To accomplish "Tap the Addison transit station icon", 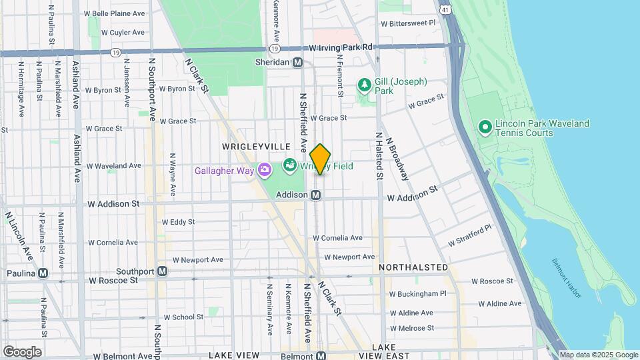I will click(x=317, y=195).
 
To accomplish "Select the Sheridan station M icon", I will click(x=298, y=62).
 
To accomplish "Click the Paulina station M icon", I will click(x=43, y=273).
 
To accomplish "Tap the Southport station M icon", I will click(x=162, y=271).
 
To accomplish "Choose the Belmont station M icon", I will click(x=321, y=356).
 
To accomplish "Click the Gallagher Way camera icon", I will click(x=265, y=170).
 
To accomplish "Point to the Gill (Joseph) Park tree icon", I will click(x=364, y=85).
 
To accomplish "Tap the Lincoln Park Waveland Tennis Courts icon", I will click(x=485, y=126).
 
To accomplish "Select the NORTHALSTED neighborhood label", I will click(x=413, y=267).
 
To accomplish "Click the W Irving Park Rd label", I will click(x=341, y=47).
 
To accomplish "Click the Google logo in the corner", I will click(x=22, y=351).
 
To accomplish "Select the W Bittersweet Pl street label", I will click(x=408, y=22).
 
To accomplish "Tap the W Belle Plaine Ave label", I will click(x=114, y=13).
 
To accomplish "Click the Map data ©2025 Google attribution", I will click(x=598, y=355).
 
